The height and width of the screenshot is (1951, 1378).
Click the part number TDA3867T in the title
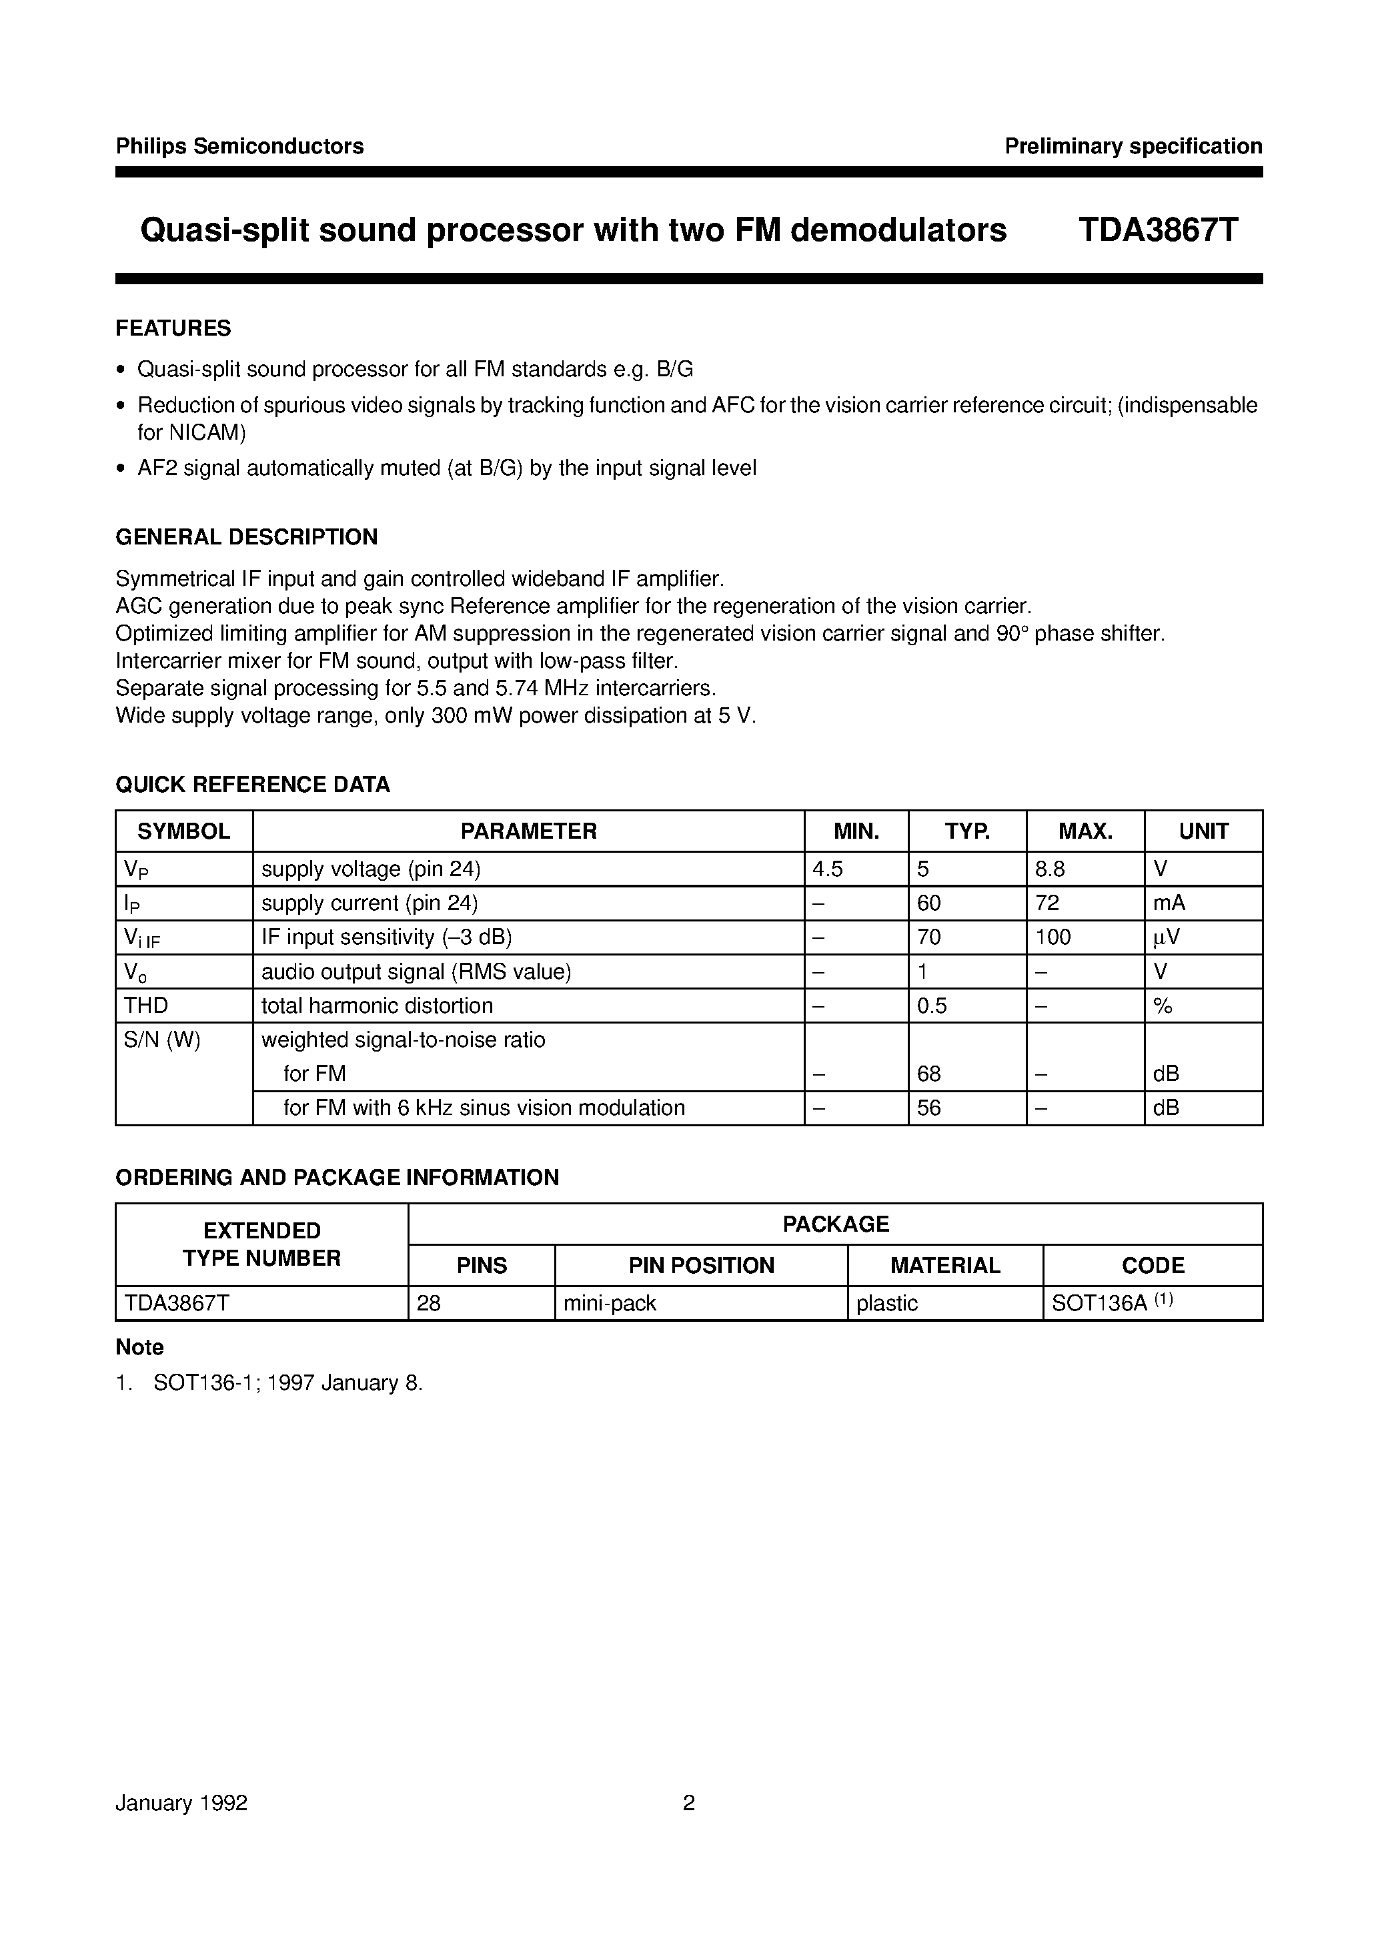point(1158,230)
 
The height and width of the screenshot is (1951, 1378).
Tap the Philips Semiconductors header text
point(239,146)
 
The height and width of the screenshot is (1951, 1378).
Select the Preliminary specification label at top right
point(1133,146)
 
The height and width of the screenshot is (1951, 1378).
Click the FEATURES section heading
point(173,328)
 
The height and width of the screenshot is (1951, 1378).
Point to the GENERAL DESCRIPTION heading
point(246,537)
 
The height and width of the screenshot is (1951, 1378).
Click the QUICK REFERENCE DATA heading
point(252,784)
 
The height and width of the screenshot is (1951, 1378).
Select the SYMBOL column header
point(183,831)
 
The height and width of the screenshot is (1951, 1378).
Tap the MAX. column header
point(1085,831)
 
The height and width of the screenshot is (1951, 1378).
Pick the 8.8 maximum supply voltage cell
point(1050,869)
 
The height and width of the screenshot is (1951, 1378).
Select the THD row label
point(146,1006)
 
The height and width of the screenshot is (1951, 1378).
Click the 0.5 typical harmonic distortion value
point(932,1006)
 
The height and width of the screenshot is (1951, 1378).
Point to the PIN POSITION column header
point(701,1265)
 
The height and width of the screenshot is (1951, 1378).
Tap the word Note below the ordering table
point(139,1347)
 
